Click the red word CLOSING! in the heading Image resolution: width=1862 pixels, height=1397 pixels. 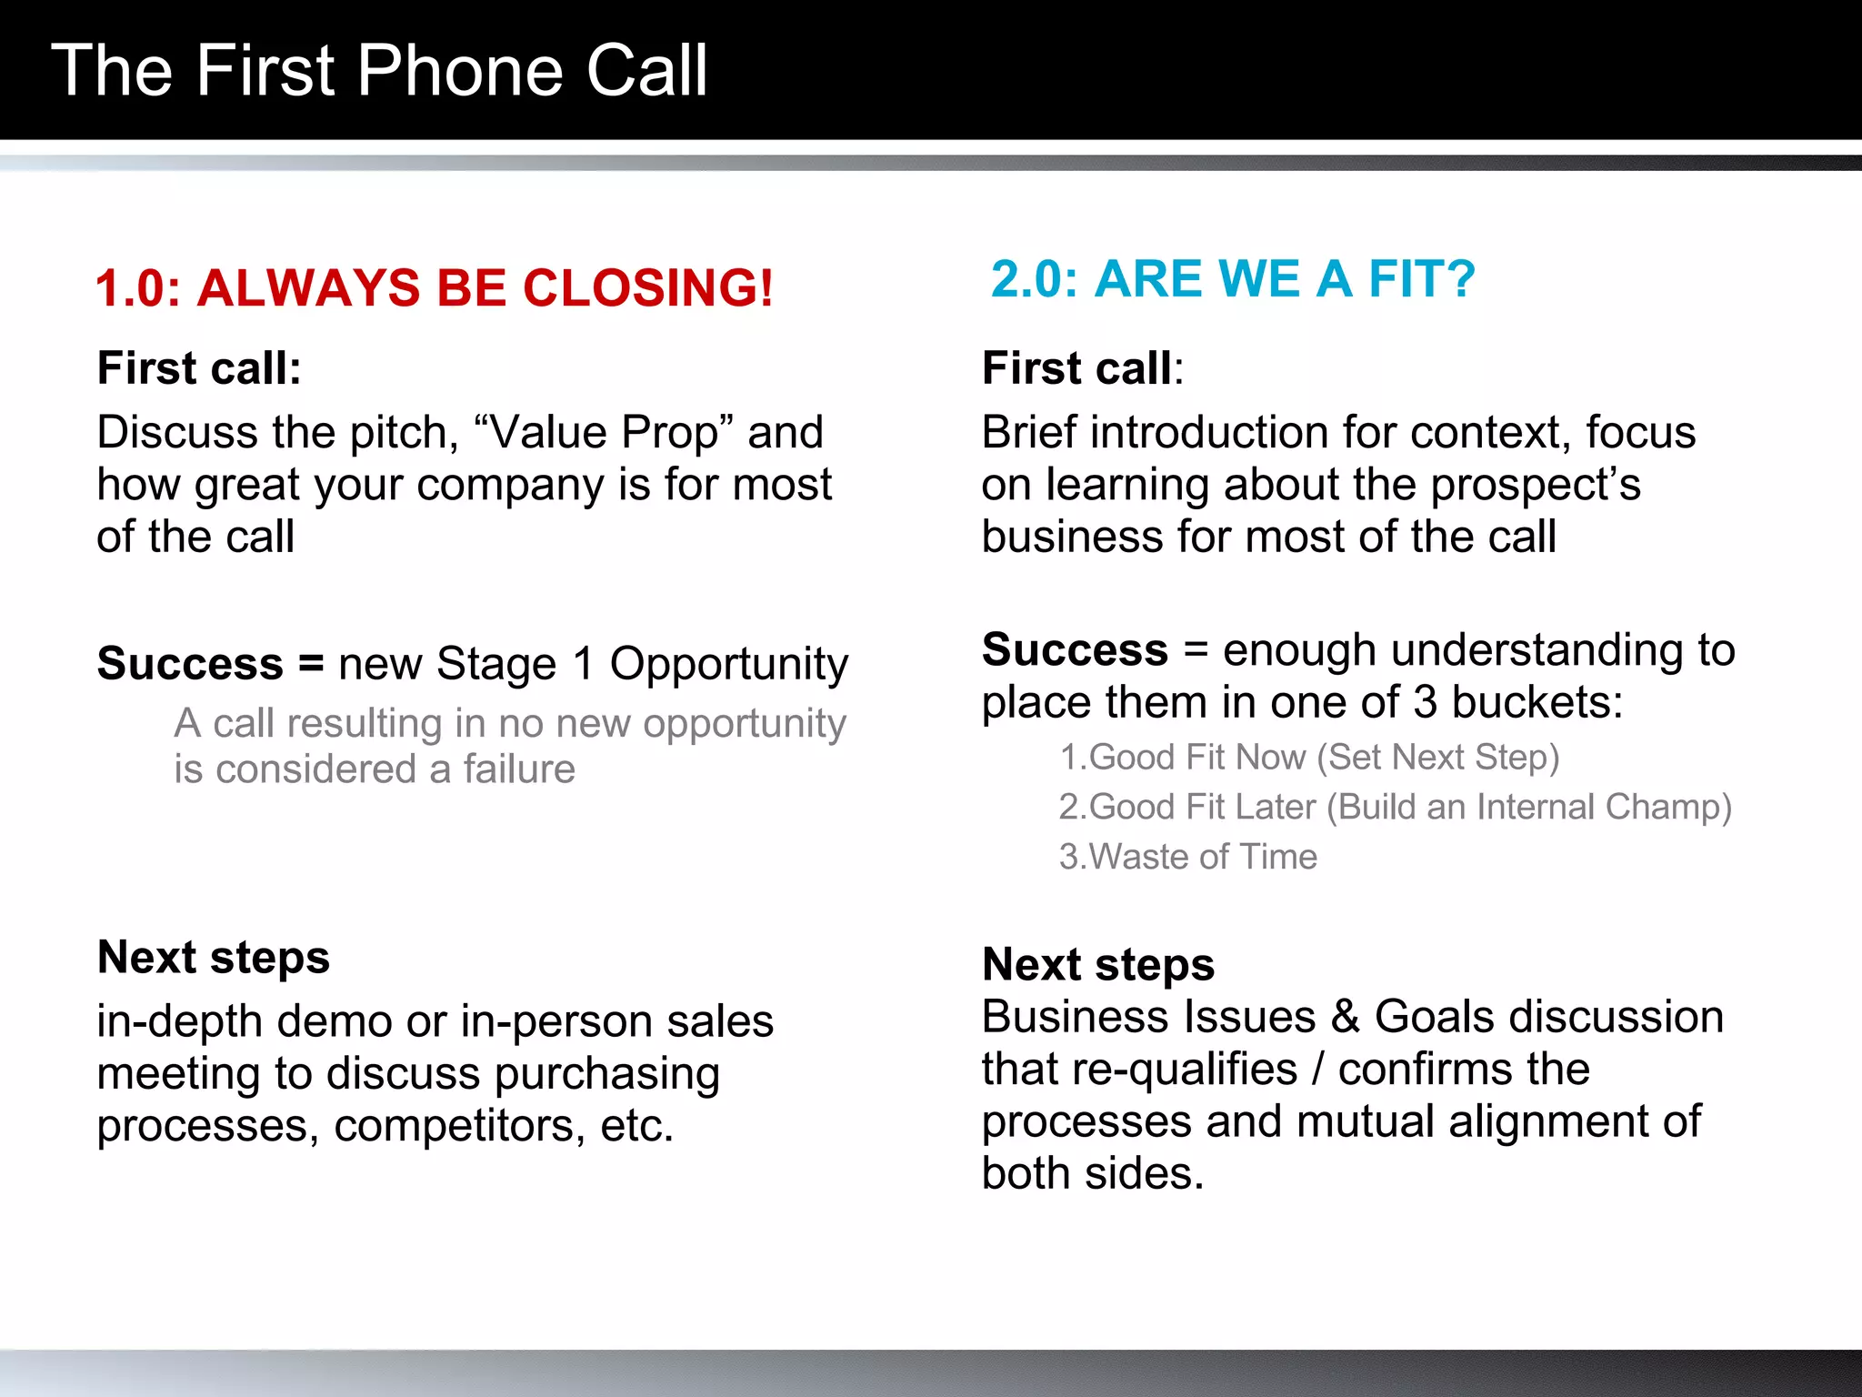coord(647,288)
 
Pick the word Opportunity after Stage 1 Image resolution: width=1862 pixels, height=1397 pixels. coord(728,664)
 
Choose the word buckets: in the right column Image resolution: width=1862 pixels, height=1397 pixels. coord(1537,702)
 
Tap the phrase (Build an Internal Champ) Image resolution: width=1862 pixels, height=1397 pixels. coord(1529,807)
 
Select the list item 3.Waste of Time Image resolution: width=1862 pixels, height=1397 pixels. coord(1187,857)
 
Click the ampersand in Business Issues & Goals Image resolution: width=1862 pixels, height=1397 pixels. coord(1345,1016)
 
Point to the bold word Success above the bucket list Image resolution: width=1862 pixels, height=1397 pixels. coord(1075,649)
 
